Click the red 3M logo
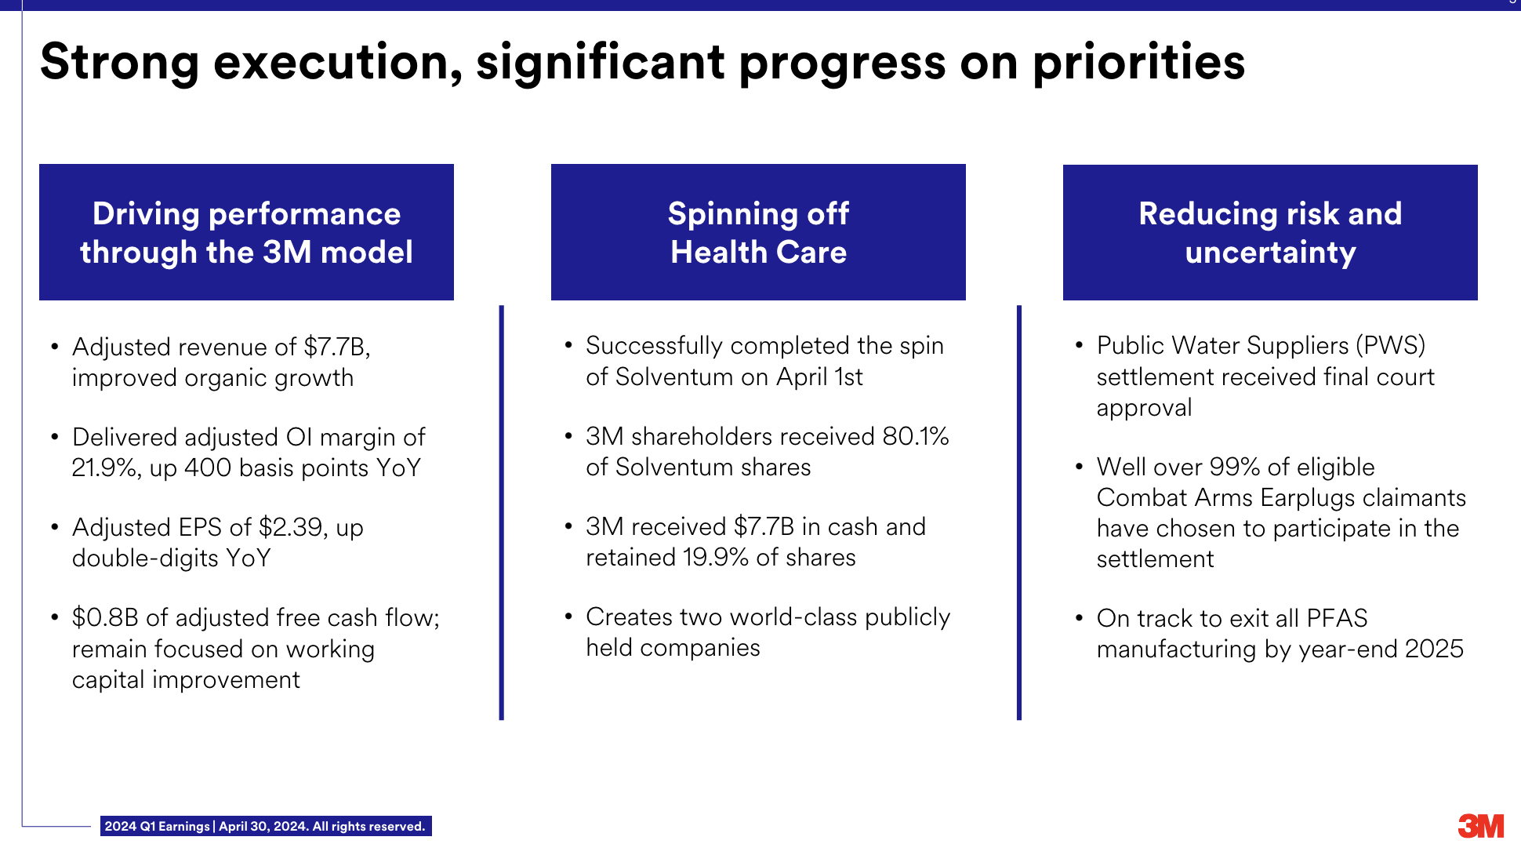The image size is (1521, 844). (1481, 826)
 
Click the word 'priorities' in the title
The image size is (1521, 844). (1138, 63)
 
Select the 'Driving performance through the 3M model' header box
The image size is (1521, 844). (246, 232)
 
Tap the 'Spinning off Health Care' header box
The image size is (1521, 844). (758, 232)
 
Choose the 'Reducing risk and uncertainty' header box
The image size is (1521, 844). (1270, 232)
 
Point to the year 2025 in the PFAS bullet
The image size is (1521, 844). (1434, 649)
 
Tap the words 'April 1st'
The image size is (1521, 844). (819, 377)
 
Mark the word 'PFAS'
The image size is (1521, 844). (1337, 619)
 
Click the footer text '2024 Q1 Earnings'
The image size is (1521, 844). (157, 827)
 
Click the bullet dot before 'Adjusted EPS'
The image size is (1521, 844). (54, 527)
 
